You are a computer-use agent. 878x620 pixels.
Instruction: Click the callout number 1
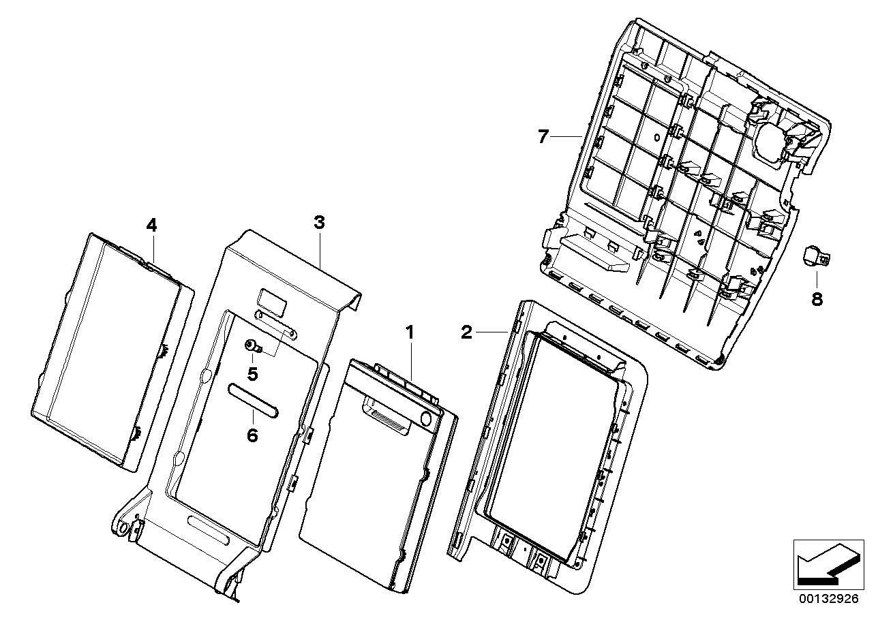point(410,332)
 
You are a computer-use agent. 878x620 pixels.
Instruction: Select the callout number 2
point(466,332)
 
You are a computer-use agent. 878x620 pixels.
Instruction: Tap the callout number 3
point(319,222)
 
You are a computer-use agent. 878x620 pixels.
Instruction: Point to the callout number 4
point(151,224)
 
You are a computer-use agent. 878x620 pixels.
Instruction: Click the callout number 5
point(252,373)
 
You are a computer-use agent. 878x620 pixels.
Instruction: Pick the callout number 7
point(543,137)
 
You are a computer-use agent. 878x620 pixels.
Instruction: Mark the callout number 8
point(817,298)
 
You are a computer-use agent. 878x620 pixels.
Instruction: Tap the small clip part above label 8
point(815,255)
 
